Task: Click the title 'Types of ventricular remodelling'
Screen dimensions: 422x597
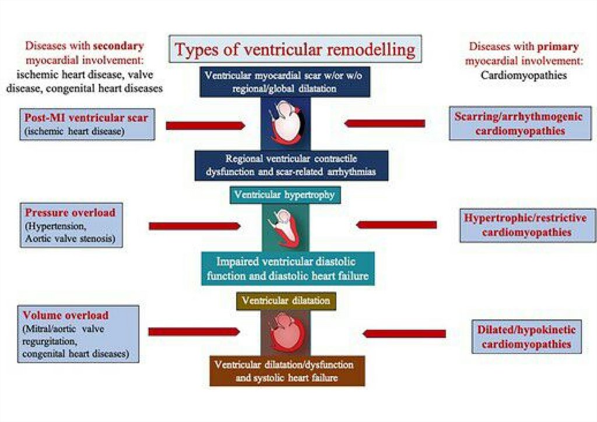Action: (x=295, y=49)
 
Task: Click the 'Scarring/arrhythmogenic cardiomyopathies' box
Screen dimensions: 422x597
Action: (x=520, y=123)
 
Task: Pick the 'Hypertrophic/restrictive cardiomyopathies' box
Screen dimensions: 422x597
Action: (x=525, y=225)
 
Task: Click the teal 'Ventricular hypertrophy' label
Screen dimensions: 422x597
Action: (x=284, y=195)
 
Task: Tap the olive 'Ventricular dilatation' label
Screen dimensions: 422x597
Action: (x=286, y=301)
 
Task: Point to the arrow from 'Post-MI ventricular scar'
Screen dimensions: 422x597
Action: (x=205, y=125)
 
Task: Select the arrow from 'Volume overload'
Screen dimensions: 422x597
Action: (x=194, y=332)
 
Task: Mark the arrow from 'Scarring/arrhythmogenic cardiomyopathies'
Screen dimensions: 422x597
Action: (x=384, y=123)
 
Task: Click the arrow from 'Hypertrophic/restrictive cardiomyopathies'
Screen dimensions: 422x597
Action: (x=396, y=225)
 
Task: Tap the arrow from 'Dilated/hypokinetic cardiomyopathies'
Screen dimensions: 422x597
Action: (x=404, y=333)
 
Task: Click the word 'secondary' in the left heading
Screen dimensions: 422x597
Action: (x=120, y=46)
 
